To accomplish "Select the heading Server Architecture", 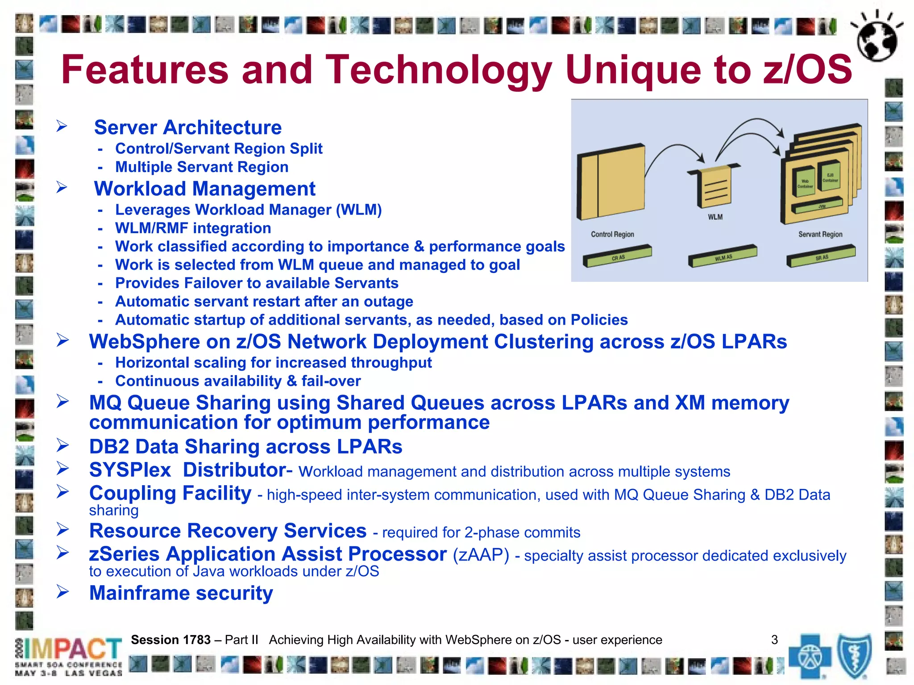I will pyautogui.click(x=188, y=128).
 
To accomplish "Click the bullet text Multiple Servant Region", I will pyautogui.click(x=202, y=167).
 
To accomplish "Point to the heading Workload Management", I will pyautogui.click(x=204, y=189).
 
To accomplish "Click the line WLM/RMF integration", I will pyautogui.click(x=193, y=228).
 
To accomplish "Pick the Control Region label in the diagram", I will pyautogui.click(x=612, y=234).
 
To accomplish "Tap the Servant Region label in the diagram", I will pyautogui.click(x=820, y=234).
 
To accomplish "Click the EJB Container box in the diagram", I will pyautogui.click(x=830, y=177).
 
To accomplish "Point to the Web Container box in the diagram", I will pyautogui.click(x=805, y=182).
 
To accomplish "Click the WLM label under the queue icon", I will pyautogui.click(x=715, y=217).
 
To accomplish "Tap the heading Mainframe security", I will pyautogui.click(x=181, y=593).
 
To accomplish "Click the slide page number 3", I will pyautogui.click(x=774, y=640).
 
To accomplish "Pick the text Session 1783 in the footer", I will pyautogui.click(x=170, y=640).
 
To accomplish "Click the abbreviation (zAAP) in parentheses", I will pyautogui.click(x=481, y=555).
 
